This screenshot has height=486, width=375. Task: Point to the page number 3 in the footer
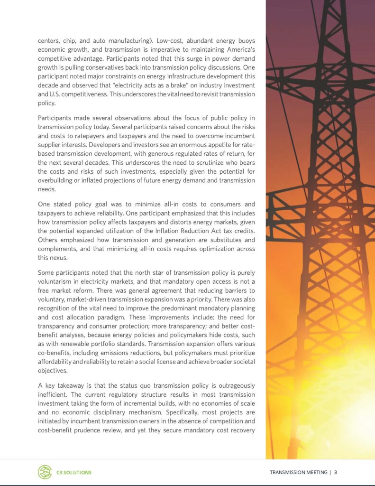pos(335,472)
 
